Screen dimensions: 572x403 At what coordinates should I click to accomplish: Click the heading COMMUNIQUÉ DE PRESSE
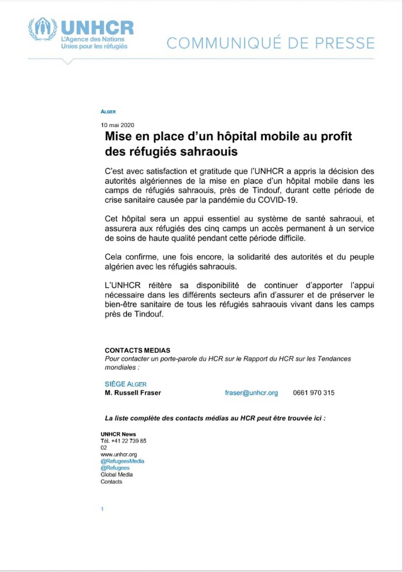point(270,43)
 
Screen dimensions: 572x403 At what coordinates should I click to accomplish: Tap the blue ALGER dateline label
point(108,112)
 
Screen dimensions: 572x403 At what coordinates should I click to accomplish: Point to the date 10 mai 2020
point(118,125)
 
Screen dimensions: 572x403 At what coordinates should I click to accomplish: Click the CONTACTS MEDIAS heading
point(138,350)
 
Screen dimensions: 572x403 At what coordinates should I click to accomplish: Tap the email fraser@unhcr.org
point(251,393)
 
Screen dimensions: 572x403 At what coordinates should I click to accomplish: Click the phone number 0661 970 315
point(314,393)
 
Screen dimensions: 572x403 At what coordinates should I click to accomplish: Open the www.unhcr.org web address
point(119,454)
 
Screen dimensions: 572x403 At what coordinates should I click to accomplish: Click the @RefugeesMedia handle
point(122,461)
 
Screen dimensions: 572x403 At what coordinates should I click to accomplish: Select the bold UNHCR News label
point(118,434)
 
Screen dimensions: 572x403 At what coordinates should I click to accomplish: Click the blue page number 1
point(102,509)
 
